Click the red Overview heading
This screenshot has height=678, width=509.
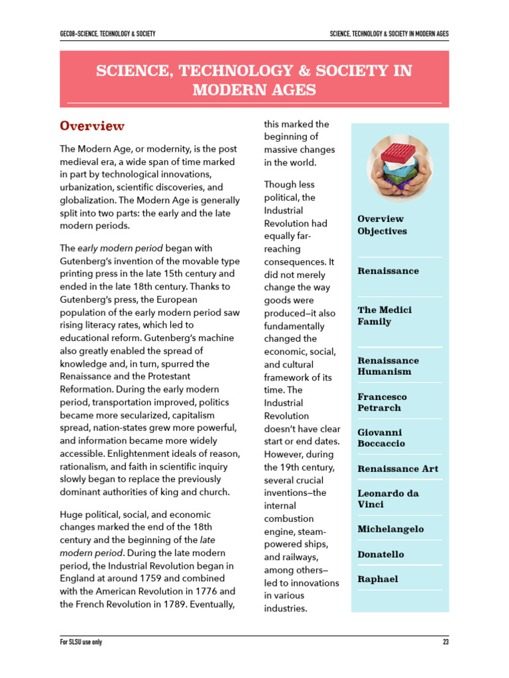(92, 126)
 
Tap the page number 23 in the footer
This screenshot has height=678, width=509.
(445, 642)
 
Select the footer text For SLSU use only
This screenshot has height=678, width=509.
(81, 642)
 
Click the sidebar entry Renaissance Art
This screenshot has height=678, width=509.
(398, 469)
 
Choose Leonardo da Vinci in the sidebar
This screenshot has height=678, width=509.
(388, 499)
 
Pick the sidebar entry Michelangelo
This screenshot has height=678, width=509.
(390, 529)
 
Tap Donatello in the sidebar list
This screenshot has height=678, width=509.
(380, 554)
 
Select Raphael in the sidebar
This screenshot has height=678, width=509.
(378, 579)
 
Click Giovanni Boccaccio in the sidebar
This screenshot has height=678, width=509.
(381, 438)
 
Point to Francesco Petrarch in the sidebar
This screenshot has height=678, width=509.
(382, 402)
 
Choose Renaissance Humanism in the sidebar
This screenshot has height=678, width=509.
(388, 365)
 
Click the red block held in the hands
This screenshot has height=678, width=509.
(398, 149)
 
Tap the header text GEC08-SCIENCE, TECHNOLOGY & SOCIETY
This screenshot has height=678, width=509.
(107, 34)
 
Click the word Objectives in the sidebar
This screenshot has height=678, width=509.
(382, 231)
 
